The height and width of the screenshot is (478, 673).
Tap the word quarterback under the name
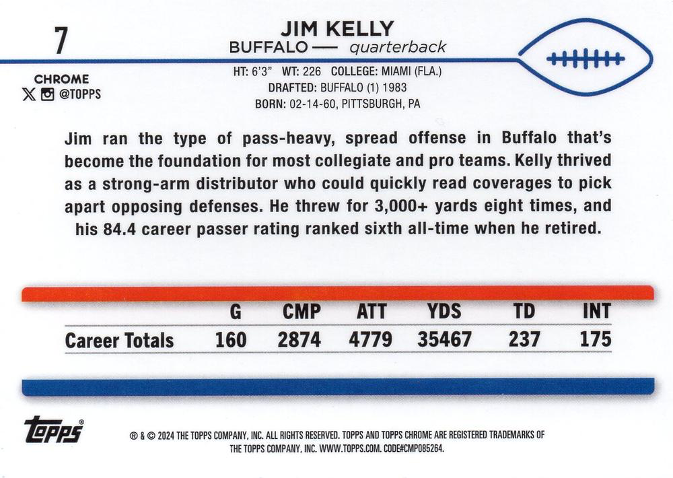397,48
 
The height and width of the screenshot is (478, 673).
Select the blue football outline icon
586,58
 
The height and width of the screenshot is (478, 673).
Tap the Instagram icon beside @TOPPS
47,94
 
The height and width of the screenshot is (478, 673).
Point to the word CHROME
62,79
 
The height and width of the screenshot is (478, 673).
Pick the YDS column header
444,311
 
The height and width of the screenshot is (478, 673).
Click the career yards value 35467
444,339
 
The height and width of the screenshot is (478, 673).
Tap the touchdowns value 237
524,339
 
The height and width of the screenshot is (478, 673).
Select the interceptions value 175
596,339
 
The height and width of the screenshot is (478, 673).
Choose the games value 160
231,339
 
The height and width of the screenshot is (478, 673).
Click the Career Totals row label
119,341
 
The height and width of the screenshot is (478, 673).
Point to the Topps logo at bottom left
54,431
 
